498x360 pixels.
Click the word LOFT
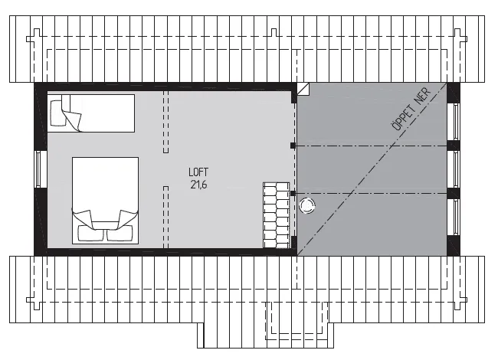[198, 172]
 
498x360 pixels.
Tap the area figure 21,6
[198, 185]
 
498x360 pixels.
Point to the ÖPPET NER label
[411, 109]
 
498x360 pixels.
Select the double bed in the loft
[105, 201]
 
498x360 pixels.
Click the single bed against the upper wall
[91, 113]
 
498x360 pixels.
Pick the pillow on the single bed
[57, 113]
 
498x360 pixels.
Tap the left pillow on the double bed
[90, 234]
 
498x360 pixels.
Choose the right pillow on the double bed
[120, 234]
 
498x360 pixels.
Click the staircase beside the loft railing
[277, 215]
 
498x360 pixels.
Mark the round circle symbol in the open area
[307, 205]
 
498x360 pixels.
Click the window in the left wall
[39, 169]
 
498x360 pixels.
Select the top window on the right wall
[456, 121]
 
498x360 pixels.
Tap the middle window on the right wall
[456, 169]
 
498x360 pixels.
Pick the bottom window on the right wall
[456, 217]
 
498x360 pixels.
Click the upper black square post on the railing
[293, 146]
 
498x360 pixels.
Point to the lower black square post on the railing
[293, 193]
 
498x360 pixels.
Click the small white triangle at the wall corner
[303, 89]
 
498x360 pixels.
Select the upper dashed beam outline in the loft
[165, 122]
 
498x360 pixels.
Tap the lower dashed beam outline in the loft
[165, 217]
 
